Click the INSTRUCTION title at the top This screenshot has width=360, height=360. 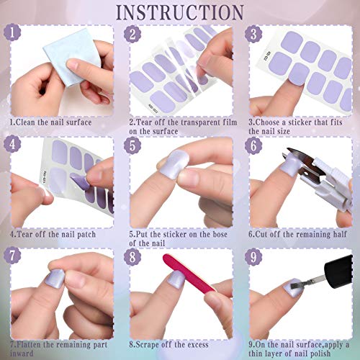point(179,12)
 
